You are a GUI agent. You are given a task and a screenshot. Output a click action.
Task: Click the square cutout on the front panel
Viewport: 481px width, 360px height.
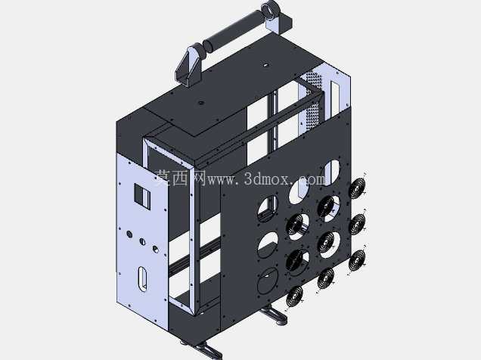point(142,196)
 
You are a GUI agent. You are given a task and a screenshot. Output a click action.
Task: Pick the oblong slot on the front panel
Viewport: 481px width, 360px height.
point(142,278)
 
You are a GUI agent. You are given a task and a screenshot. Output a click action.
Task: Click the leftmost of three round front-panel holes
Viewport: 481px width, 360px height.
point(129,234)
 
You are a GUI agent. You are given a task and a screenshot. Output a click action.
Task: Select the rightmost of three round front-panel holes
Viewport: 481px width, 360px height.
point(156,249)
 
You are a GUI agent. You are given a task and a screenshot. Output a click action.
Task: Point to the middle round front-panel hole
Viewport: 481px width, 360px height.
point(142,241)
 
